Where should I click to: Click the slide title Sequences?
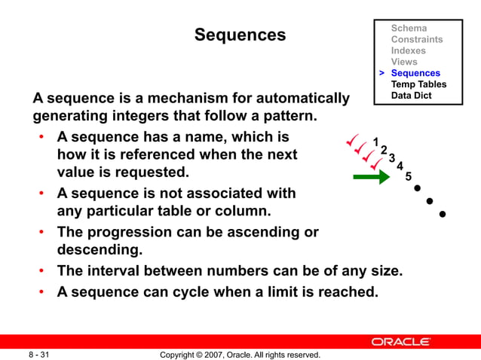[240, 35]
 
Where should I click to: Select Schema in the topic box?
[409, 29]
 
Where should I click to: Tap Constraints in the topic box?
[417, 40]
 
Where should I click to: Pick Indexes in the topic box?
[408, 51]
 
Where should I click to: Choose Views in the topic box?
[403, 62]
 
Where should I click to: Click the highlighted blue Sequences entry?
[415, 73]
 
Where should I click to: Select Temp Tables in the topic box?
[418, 84]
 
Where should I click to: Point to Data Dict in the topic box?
[411, 96]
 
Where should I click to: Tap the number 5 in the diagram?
[408, 176]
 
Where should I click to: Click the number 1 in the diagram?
[375, 142]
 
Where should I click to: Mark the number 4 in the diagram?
[400, 166]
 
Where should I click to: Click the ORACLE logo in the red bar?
[400, 342]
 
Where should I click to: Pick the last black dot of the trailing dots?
[443, 215]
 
